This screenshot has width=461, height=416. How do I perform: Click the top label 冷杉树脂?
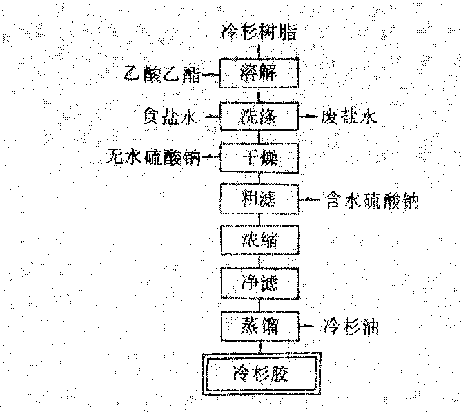coord(259,31)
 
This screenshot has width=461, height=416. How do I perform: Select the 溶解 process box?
coord(259,74)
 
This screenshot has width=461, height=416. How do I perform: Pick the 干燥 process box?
coord(259,157)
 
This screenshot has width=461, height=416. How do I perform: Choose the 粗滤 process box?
coord(259,200)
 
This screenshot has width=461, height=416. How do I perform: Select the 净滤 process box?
coord(259,282)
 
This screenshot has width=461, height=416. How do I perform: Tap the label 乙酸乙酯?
coord(162,74)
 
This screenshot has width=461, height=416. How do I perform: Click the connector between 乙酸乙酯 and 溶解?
coord(211,75)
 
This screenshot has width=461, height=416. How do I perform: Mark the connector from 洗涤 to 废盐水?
coord(310,117)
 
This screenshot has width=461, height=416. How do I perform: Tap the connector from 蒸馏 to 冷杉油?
coord(310,326)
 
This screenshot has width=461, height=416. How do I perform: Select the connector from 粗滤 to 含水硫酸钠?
coord(310,200)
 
